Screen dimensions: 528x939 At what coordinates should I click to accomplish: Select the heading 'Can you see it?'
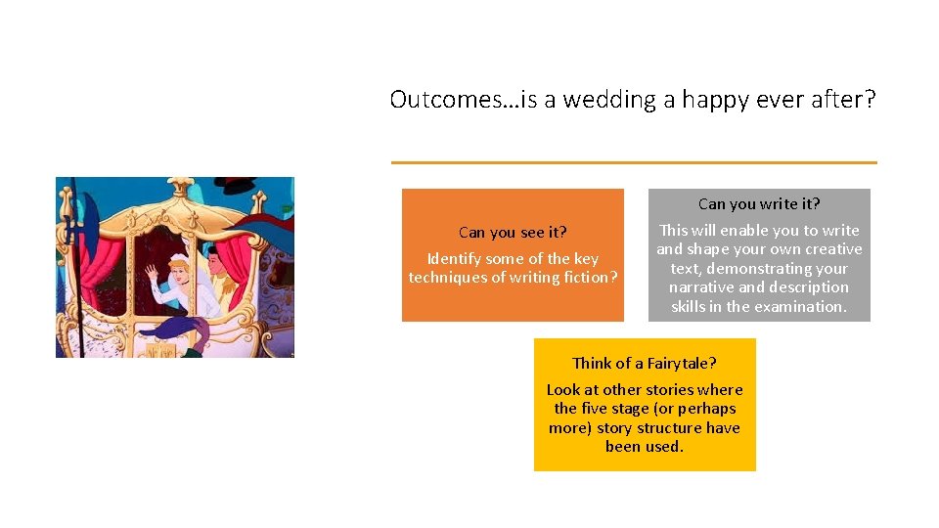(513, 233)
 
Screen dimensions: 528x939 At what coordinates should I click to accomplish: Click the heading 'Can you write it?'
(759, 204)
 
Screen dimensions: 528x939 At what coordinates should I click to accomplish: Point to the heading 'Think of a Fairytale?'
(644, 363)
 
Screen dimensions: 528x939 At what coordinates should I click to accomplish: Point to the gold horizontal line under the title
(634, 162)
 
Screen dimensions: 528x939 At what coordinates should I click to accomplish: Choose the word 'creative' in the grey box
(833, 249)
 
